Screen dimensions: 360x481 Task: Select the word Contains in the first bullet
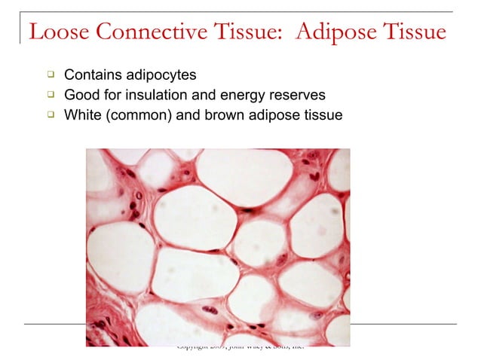tap(91, 75)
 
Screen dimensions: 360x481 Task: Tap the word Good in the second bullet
tap(81, 96)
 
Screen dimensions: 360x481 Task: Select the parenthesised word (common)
tap(137, 117)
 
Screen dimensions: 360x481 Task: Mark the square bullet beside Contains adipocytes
tap(50, 75)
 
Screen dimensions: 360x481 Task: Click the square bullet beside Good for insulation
tap(50, 96)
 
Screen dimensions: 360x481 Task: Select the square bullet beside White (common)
tap(50, 116)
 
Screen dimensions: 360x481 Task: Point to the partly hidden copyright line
tap(239, 348)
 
